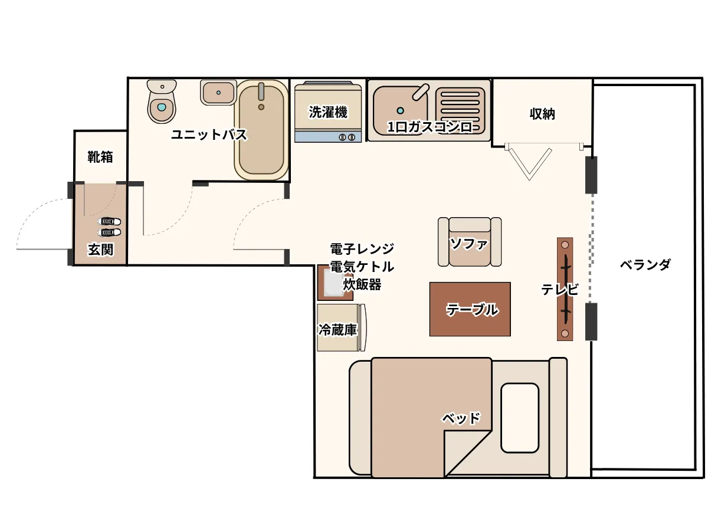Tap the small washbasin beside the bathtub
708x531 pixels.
pos(218,93)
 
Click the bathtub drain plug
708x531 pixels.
pos(261,107)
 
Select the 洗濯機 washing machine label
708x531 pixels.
pos(328,112)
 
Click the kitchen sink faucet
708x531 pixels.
pos(421,92)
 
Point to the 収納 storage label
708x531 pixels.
pos(542,114)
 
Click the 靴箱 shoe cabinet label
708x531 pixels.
pos(100,157)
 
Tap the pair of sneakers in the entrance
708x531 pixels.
pos(109,227)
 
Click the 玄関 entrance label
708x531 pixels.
pos(101,250)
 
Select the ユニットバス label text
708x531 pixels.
pos(209,135)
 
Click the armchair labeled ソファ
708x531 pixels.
pos(469,242)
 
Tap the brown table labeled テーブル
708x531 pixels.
pos(470,309)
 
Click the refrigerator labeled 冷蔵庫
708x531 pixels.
pos(341,327)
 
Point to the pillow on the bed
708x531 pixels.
pos(520,418)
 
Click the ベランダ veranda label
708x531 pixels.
pos(645,265)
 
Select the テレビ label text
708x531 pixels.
pos(560,290)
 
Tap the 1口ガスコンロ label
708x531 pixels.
pos(430,127)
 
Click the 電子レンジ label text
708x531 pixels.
pos(362,248)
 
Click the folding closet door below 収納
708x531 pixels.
pos(529,161)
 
